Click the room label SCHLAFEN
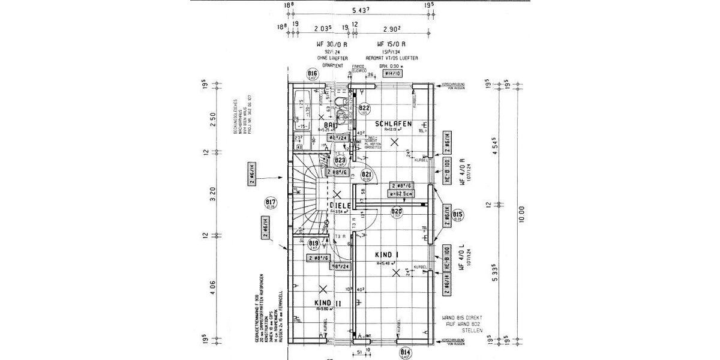point(394,124)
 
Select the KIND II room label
point(328,304)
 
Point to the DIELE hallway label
point(340,205)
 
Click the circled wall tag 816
point(312,74)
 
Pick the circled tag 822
point(364,109)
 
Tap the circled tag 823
point(340,161)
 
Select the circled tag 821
point(367,175)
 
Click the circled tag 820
point(396,212)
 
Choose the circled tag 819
point(313,244)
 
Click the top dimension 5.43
point(359,10)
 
